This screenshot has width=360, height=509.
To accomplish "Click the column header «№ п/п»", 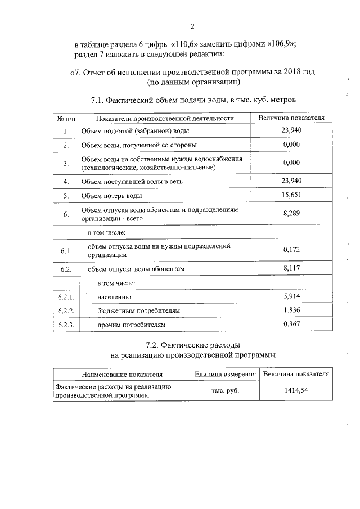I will click(66, 118).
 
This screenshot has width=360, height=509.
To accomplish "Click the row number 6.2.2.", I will click(66, 310).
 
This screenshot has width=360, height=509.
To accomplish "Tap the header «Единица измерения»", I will click(225, 374).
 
